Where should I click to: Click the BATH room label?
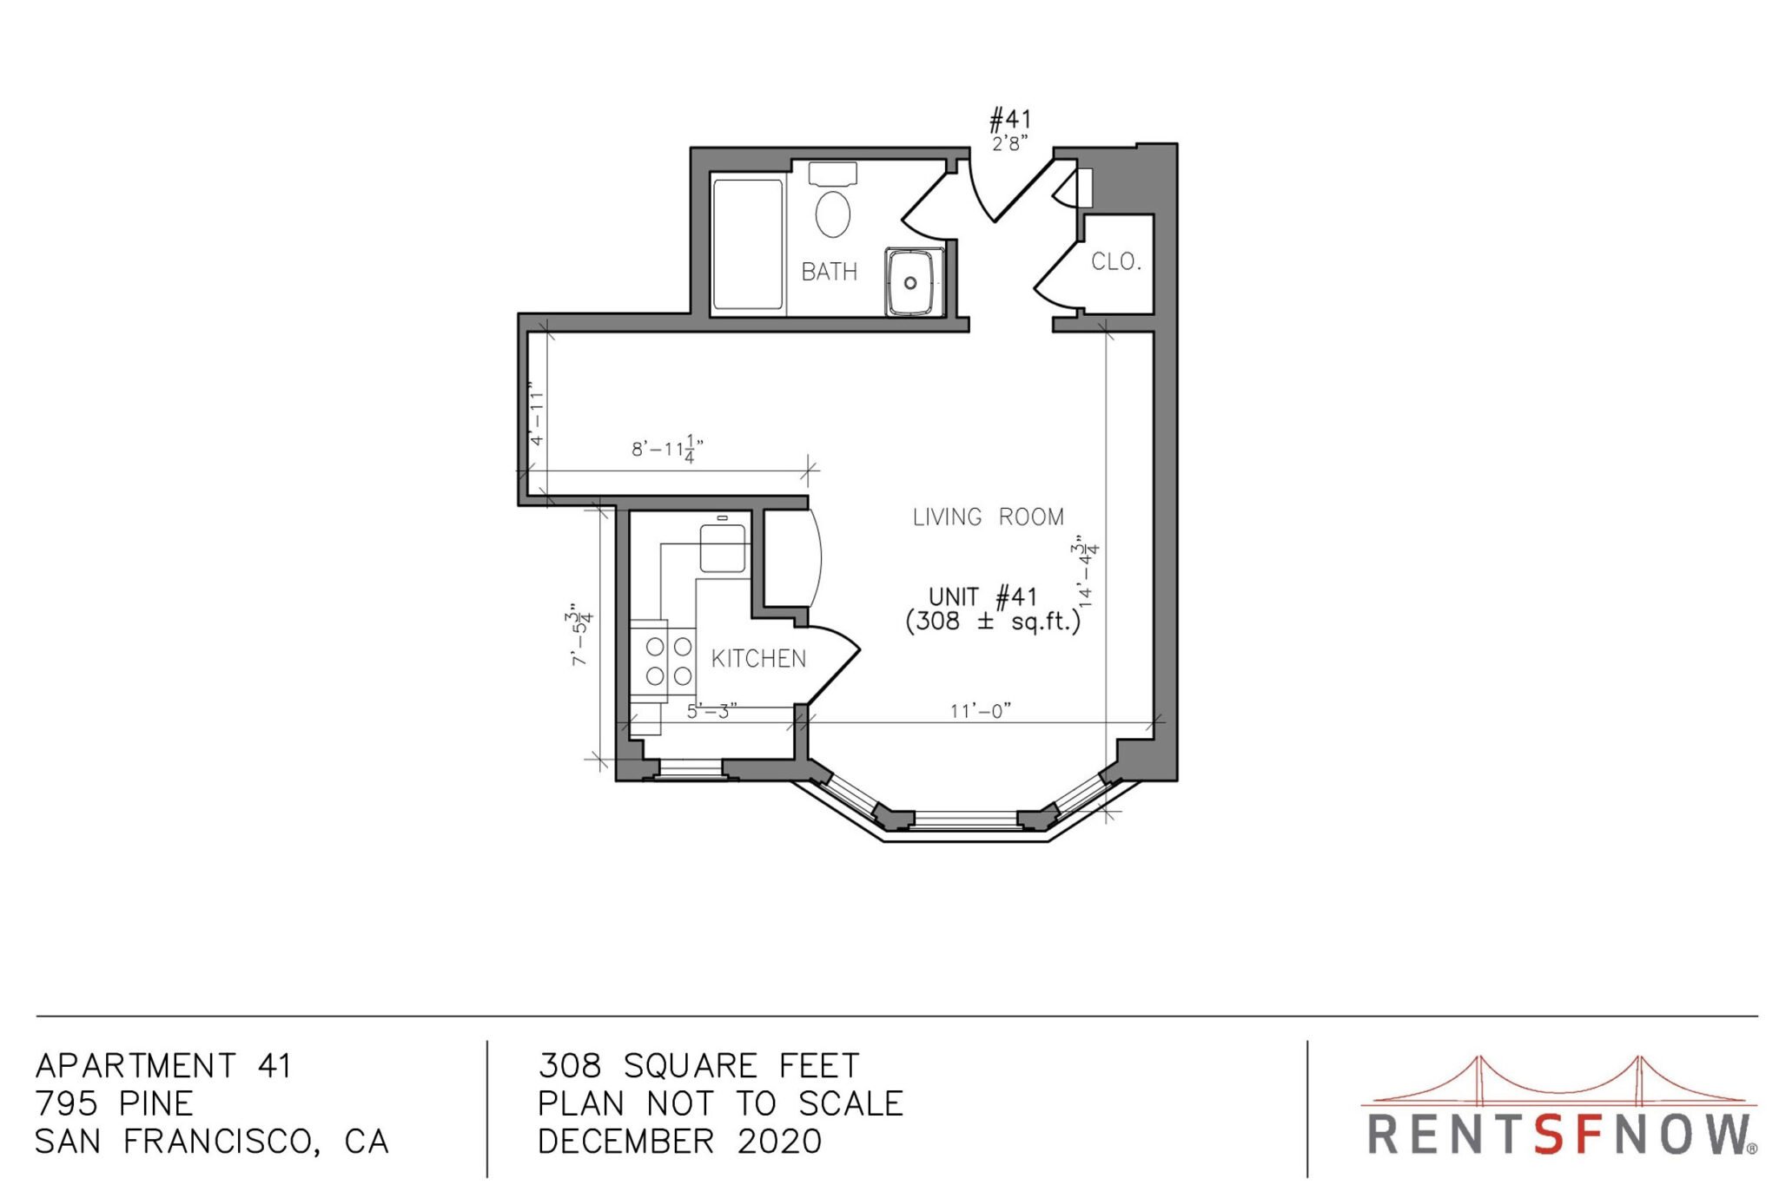click(x=829, y=272)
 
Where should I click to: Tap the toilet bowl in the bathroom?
click(x=833, y=214)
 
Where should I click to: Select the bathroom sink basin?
click(x=914, y=281)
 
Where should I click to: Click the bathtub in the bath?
click(x=748, y=244)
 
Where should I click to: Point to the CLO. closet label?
click(x=1116, y=261)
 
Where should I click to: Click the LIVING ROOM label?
click(x=989, y=517)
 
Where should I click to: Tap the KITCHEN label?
click(x=758, y=659)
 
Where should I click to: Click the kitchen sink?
click(x=723, y=548)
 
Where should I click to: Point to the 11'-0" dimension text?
click(x=981, y=711)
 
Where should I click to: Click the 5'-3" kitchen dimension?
click(x=712, y=712)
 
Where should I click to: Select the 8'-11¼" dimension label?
click(x=667, y=449)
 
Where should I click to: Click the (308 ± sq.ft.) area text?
click(x=993, y=622)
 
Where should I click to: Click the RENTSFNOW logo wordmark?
click(x=1562, y=1134)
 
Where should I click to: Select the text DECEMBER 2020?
click(x=680, y=1142)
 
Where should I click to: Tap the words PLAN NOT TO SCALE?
click(x=721, y=1103)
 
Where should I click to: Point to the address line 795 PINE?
click(x=115, y=1103)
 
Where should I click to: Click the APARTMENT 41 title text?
click(x=163, y=1065)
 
